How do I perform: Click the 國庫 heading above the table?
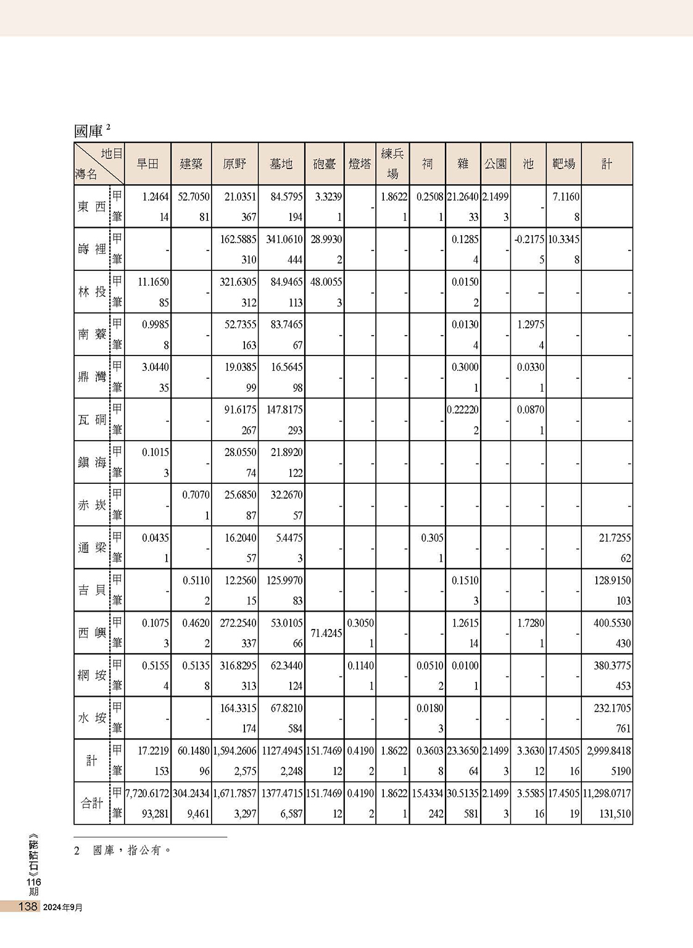coord(88,131)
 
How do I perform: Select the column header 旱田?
coord(147,164)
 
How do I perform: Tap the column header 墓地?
coord(281,164)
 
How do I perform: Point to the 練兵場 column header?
coord(392,164)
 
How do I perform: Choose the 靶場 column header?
coord(563,164)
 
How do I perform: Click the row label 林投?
coord(92,292)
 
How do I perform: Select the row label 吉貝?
coord(92,590)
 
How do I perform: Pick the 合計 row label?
coord(92,803)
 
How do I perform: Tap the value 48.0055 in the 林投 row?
coord(326,282)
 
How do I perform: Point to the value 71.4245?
coord(325,633)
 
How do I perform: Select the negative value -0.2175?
coord(529,239)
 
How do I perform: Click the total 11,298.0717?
coord(607,793)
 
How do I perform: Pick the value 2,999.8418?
coord(607,750)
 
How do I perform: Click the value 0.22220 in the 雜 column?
coord(463,410)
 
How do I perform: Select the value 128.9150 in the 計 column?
coord(612,580)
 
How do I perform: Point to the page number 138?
coord(28,907)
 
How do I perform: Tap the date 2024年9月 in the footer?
coord(63,907)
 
